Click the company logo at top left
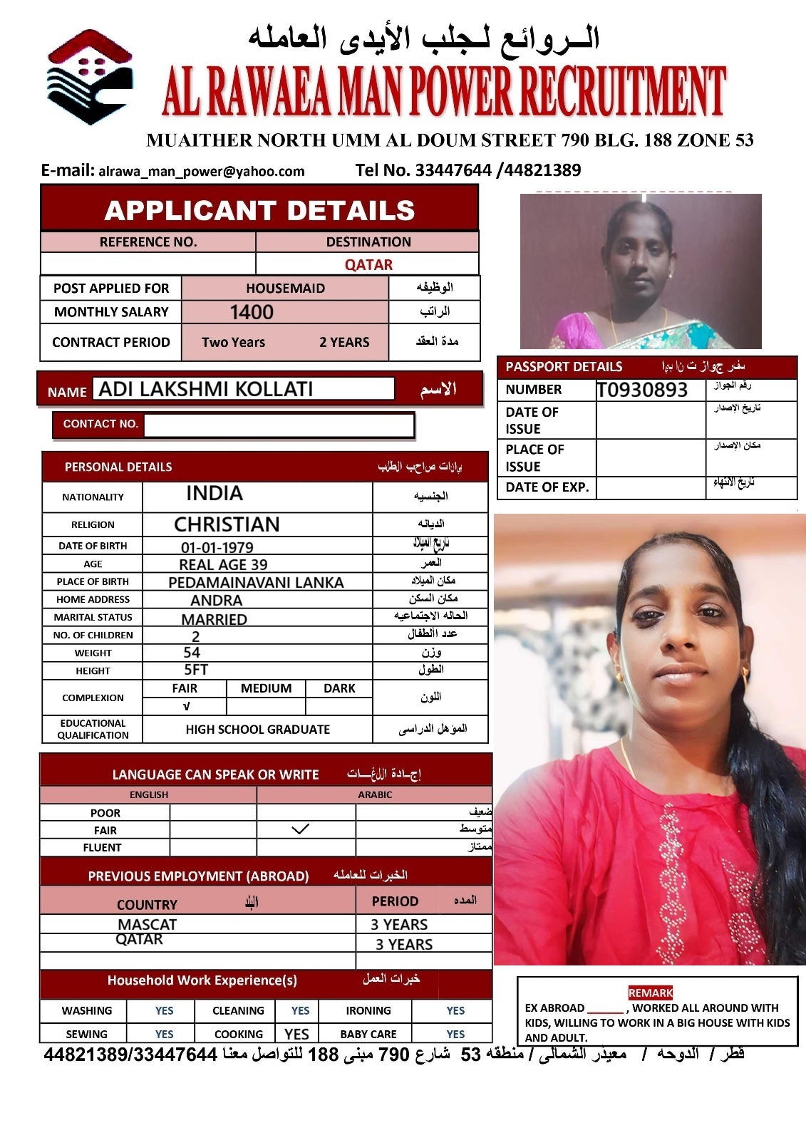[x=89, y=77]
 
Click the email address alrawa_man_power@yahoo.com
[x=201, y=171]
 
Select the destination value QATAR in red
[x=368, y=264]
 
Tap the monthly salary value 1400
[x=252, y=312]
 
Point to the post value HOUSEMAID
[x=285, y=288]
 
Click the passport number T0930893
[x=642, y=390]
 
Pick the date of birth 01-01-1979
[x=217, y=547]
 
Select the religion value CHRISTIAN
[x=227, y=524]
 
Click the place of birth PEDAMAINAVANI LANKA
[x=256, y=582]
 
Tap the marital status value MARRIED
[x=214, y=619]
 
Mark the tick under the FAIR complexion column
[x=186, y=706]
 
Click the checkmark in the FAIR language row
[x=301, y=829]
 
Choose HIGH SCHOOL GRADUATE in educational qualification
[x=257, y=730]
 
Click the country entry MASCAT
[x=147, y=924]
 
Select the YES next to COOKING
[x=296, y=1034]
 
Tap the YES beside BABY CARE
[x=455, y=1034]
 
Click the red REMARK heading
[x=650, y=993]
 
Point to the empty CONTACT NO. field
[x=278, y=425]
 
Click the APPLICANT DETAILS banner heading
[x=259, y=210]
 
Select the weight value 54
[x=192, y=653]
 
